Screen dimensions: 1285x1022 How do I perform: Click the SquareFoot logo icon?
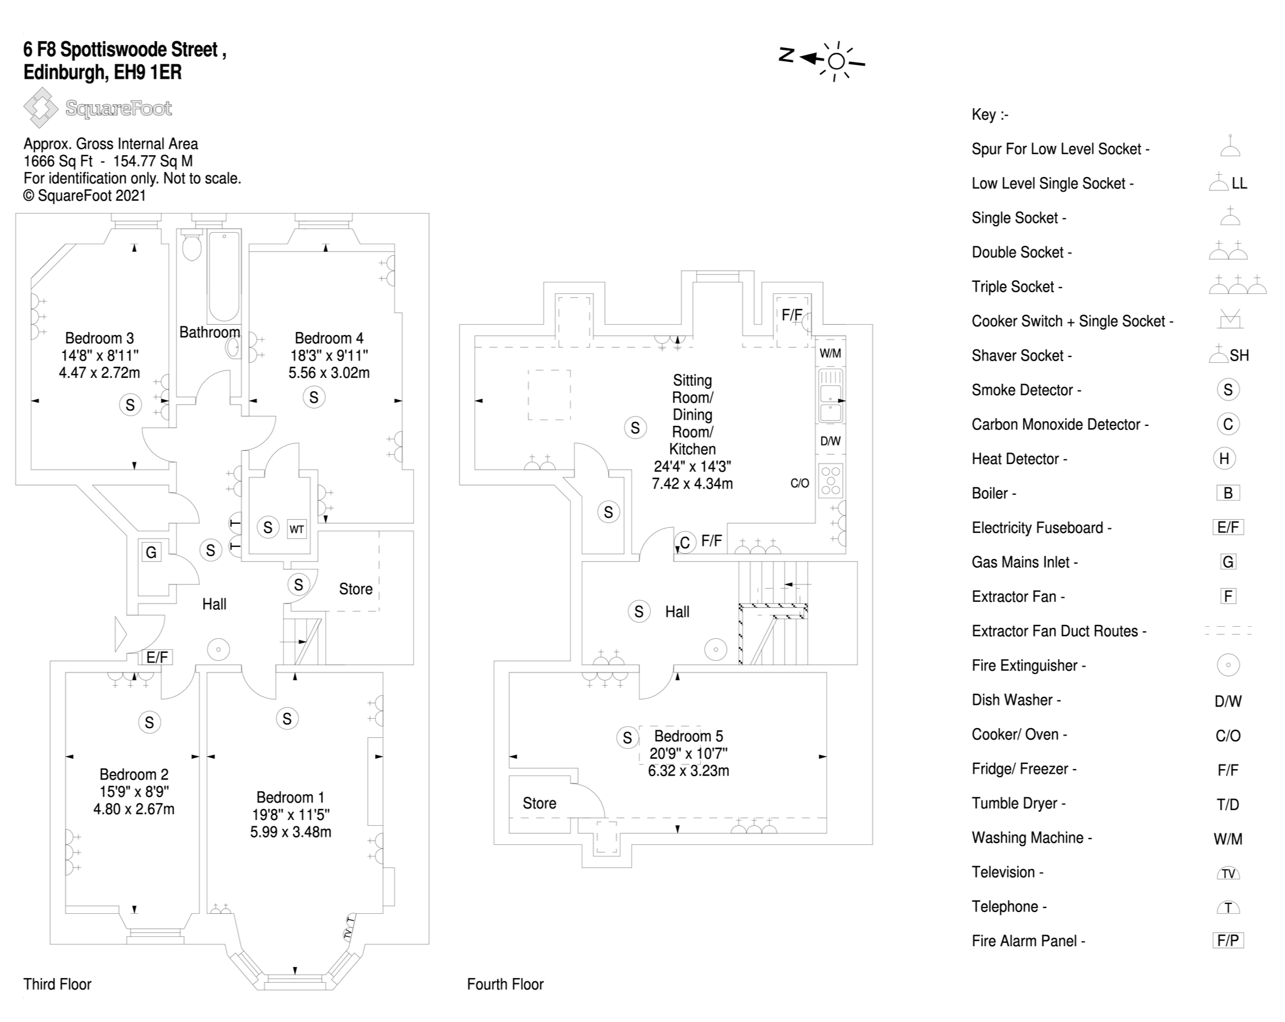click(40, 108)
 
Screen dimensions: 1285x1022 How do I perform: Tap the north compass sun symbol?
click(836, 61)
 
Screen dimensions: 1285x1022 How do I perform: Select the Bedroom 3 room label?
click(99, 338)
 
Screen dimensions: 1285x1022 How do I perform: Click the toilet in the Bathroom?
click(192, 247)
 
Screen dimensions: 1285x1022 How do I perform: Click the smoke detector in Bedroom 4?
click(314, 397)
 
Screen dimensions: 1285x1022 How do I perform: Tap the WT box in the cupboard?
click(297, 529)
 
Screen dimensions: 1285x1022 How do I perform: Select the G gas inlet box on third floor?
click(152, 552)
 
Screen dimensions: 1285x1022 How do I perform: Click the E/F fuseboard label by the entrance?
click(157, 657)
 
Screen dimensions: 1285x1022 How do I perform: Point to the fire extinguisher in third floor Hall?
click(219, 649)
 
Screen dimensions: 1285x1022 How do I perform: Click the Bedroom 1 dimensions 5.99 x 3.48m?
click(290, 832)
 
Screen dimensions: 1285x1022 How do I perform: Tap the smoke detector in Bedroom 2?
click(149, 723)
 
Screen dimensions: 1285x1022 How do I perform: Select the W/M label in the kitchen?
click(830, 353)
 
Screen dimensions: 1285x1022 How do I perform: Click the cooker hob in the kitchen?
click(830, 480)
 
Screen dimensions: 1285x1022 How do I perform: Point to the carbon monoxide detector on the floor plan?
click(685, 543)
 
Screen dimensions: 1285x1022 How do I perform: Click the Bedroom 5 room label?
click(688, 736)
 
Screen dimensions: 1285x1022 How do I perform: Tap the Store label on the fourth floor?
click(539, 803)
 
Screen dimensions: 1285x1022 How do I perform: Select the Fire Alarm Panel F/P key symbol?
click(1228, 940)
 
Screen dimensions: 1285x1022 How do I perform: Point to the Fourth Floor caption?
click(505, 984)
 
